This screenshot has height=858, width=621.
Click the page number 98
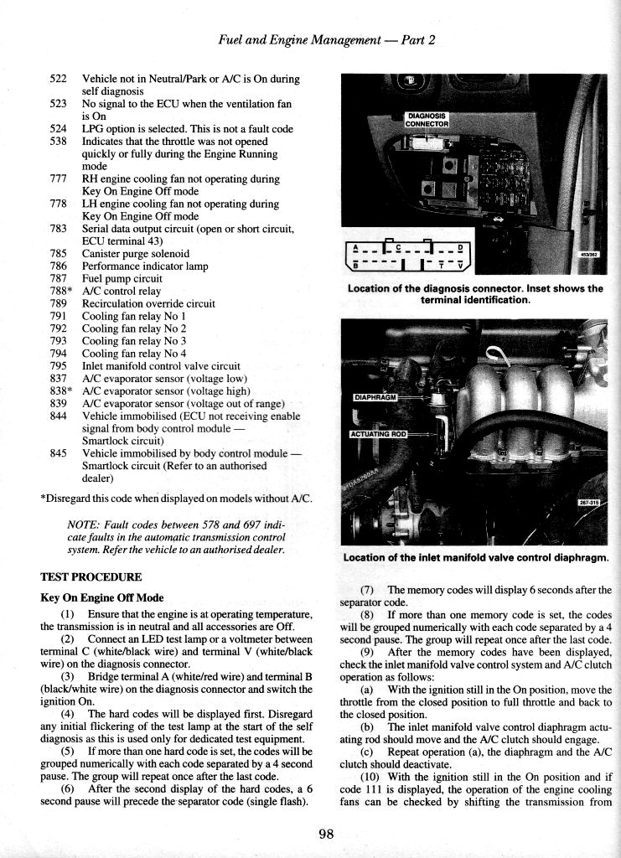pyautogui.click(x=326, y=833)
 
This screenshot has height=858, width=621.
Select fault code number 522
pyautogui.click(x=58, y=79)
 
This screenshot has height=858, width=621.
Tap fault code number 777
pyautogui.click(x=58, y=178)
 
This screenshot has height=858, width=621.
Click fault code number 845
pyautogui.click(x=58, y=454)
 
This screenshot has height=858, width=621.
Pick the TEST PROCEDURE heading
pyautogui.click(x=91, y=577)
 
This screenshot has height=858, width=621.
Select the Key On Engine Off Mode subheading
pyautogui.click(x=101, y=598)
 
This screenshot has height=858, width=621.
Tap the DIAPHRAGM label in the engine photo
pyautogui.click(x=375, y=396)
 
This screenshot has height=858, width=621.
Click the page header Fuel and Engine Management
pyautogui.click(x=325, y=40)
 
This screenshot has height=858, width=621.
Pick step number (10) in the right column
pyautogui.click(x=375, y=776)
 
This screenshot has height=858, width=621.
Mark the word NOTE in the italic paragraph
pyautogui.click(x=82, y=525)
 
